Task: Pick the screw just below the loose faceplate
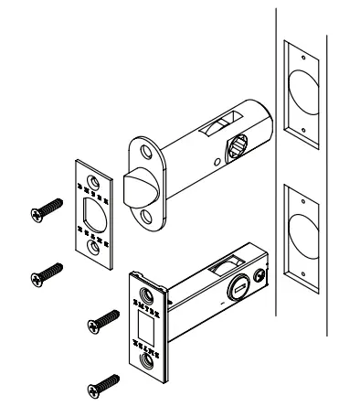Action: pyautogui.click(x=46, y=271)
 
